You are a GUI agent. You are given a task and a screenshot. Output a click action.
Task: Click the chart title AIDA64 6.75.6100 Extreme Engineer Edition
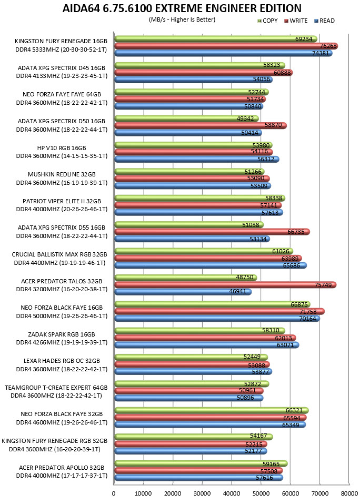(x=182, y=8)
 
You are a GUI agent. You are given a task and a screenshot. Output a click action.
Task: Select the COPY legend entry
(x=267, y=21)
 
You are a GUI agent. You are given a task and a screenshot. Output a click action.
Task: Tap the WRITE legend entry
(x=296, y=21)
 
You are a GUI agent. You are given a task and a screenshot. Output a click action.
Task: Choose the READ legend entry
(x=324, y=21)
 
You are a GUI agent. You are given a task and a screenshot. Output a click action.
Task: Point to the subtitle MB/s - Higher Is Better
(x=182, y=19)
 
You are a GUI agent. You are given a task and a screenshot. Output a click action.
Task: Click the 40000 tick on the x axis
(x=232, y=493)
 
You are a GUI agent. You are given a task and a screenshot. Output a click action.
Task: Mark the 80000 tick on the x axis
(x=349, y=493)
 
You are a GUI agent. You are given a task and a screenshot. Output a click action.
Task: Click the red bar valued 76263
(x=226, y=46)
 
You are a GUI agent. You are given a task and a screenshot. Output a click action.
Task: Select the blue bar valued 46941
(x=183, y=292)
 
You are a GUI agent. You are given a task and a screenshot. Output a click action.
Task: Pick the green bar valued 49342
(x=187, y=118)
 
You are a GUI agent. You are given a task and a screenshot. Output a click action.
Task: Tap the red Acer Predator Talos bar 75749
(x=226, y=285)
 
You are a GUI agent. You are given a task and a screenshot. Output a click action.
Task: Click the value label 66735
(x=296, y=232)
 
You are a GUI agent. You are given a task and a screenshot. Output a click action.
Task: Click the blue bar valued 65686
(x=211, y=265)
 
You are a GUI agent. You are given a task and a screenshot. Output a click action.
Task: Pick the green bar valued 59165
(x=201, y=463)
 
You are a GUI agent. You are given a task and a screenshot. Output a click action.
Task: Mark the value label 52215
(x=254, y=444)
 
